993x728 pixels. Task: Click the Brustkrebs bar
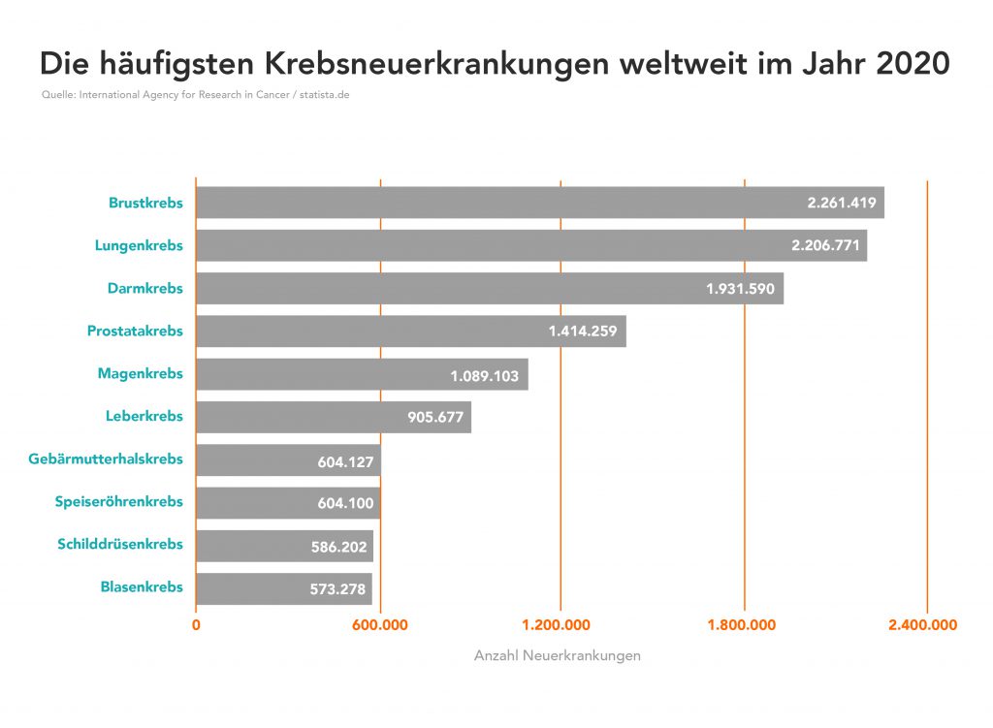539,203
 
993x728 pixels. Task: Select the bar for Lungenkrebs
530,245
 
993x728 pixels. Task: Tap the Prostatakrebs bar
410,332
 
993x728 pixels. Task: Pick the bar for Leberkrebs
333,417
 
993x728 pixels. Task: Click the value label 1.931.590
740,289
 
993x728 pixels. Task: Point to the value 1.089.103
484,374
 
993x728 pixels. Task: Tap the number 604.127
345,461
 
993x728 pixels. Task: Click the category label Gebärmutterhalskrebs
106,459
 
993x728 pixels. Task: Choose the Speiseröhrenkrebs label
118,501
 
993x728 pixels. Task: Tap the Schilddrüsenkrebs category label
120,544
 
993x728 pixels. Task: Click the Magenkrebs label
140,373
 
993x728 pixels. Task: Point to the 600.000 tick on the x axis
379,625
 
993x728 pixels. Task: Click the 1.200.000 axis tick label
561,625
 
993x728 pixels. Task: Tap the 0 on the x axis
196,625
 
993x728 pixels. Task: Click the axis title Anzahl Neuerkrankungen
557,656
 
